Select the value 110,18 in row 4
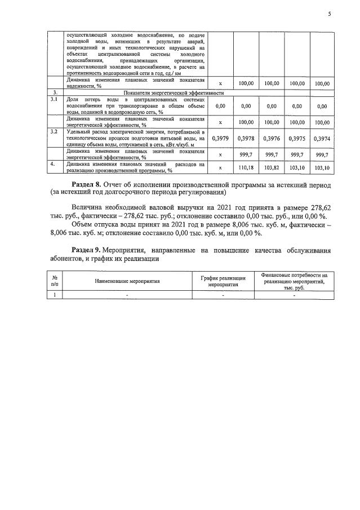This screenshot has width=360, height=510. coord(246,168)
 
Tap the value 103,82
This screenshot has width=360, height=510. coord(272,168)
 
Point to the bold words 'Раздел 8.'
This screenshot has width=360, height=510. coord(89,184)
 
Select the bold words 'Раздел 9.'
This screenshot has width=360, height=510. coord(89,250)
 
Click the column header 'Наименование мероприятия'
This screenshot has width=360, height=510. coord(127,280)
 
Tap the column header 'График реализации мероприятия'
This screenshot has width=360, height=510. coord(223,280)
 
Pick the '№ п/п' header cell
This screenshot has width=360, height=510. coord(55,280)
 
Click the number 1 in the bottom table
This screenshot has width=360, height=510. coord(55,295)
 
